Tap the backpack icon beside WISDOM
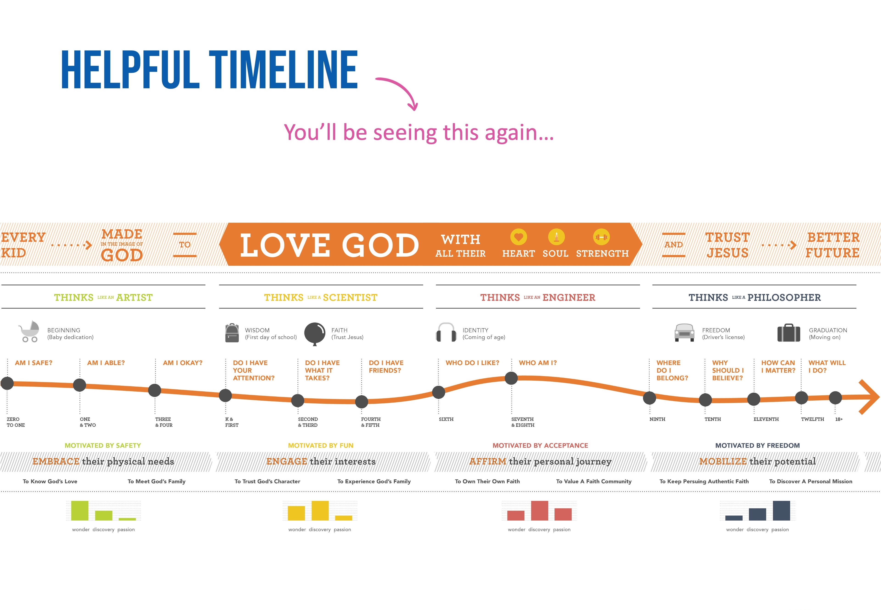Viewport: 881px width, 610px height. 232,333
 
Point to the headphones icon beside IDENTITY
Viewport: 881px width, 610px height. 446,332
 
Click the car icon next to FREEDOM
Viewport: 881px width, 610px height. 684,332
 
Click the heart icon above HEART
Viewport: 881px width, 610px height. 519,237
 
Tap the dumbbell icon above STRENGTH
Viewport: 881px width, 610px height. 602,237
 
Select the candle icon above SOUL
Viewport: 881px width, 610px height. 556,237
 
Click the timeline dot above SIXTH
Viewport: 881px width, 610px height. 439,392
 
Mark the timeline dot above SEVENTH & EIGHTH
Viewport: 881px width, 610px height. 511,378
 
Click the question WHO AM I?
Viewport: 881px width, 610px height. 538,363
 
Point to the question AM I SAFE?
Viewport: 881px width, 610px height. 34,363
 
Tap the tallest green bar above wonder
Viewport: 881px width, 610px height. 80,511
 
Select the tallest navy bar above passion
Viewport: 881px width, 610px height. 781,511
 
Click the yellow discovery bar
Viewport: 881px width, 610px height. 320,511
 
